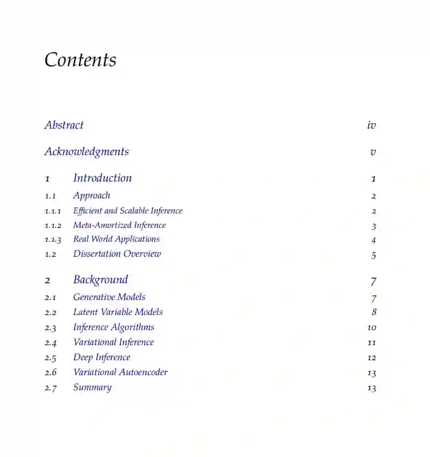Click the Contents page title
click(81, 60)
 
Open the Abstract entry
click(64, 125)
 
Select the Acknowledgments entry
click(87, 152)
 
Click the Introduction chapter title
click(102, 178)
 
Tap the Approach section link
click(91, 195)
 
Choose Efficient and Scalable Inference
click(127, 210)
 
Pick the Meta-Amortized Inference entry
click(119, 225)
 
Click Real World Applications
click(116, 239)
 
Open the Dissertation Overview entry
click(117, 254)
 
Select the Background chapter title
click(100, 280)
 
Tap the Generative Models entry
click(109, 297)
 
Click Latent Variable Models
click(118, 312)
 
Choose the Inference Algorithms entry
click(114, 327)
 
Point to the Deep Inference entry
click(102, 357)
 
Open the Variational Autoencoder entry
click(120, 372)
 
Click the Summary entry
click(92, 387)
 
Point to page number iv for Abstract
click(371, 125)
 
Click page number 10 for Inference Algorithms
click(372, 328)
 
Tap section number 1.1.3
click(53, 239)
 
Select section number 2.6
click(51, 373)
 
